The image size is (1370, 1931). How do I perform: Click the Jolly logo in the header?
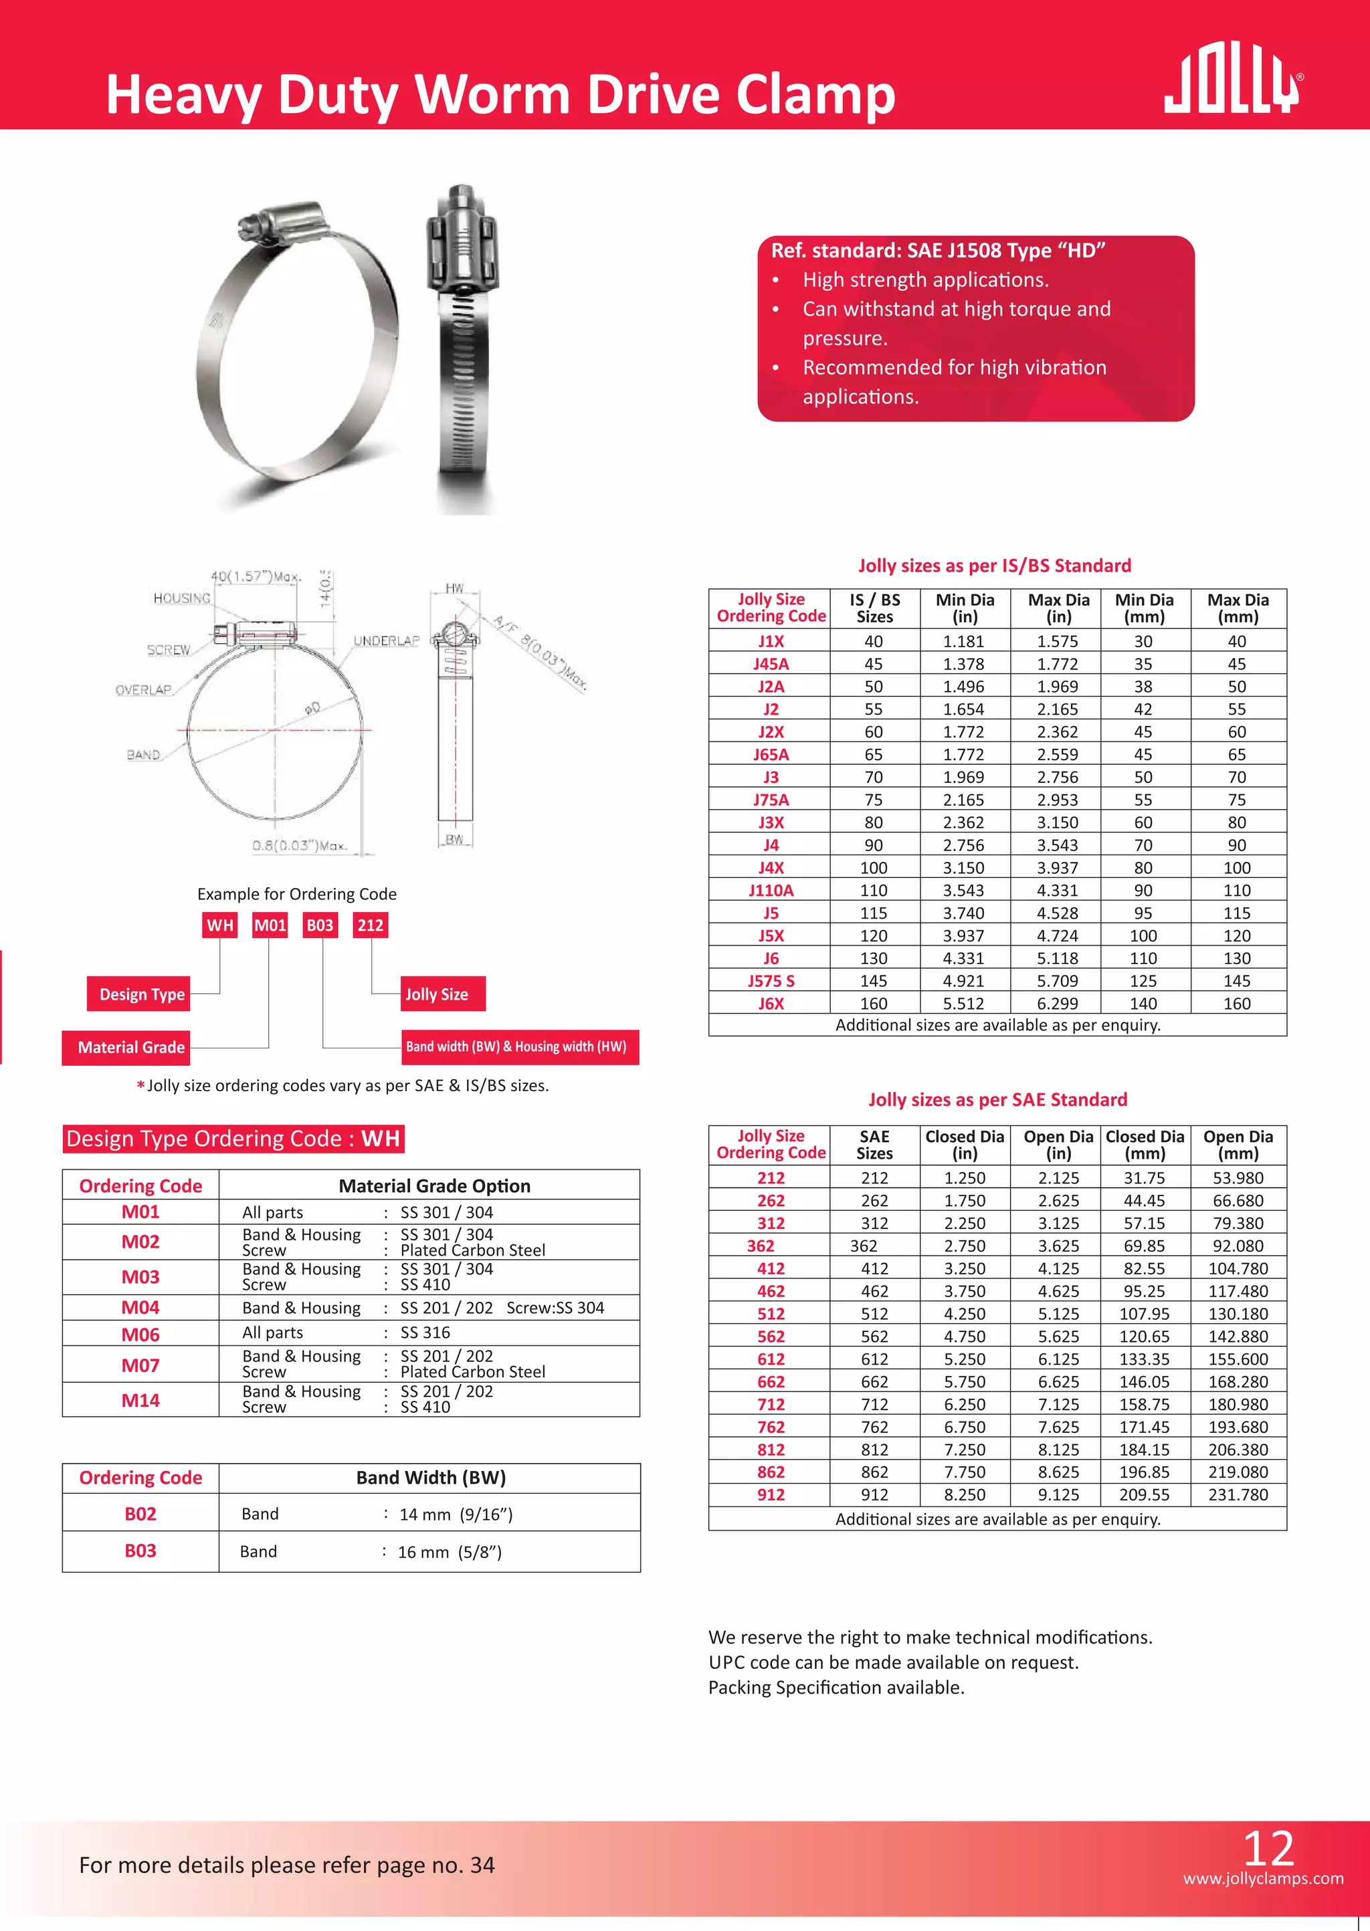coord(1232,83)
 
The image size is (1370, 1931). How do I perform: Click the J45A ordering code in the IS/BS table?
coord(770,664)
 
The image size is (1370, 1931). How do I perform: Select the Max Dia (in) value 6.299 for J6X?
coord(1058,1004)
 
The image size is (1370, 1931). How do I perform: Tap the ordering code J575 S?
coord(770,981)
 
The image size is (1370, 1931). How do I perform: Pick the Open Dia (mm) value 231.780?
coord(1238,1494)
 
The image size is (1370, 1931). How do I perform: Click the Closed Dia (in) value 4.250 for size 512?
coord(964,1314)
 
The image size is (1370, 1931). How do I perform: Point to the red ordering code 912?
coord(770,1494)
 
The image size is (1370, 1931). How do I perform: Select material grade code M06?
coord(140,1334)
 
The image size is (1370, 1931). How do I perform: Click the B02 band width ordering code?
coord(140,1514)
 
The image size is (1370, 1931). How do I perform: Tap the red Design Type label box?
coord(139,994)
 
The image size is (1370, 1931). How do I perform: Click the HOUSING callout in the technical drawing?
coord(181,598)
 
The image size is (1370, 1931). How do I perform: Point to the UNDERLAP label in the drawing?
coord(385,641)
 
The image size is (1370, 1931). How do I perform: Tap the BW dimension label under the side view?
coord(455,839)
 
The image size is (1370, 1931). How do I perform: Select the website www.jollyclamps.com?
coord(1262,1878)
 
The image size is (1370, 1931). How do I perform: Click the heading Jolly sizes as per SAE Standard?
coord(997,1100)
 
